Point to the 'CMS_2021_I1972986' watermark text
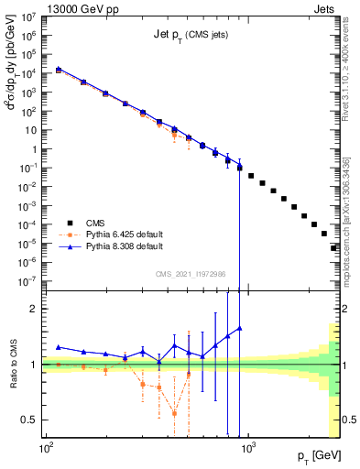(x=191, y=273)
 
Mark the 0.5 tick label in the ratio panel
(x=30, y=420)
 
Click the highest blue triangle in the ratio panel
(x=240, y=328)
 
